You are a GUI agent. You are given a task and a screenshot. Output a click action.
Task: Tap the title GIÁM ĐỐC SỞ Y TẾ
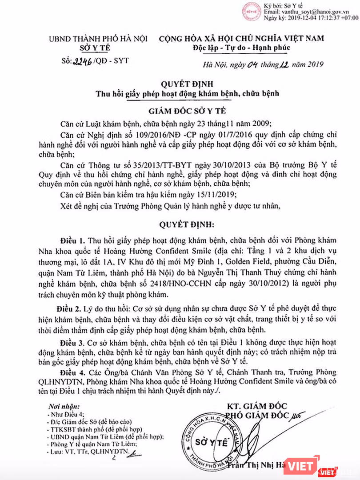click(x=180, y=110)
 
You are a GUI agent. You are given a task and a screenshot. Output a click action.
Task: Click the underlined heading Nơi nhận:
click(x=65, y=406)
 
